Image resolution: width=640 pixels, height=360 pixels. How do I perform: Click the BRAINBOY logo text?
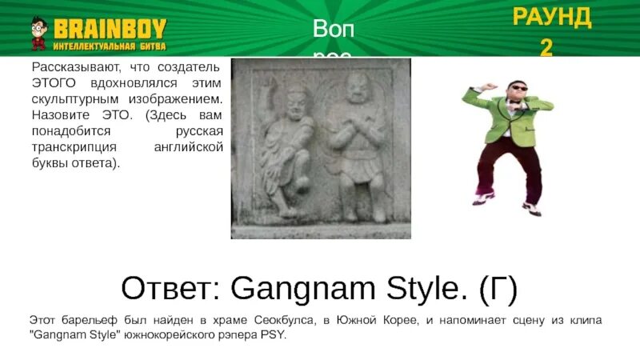(x=110, y=28)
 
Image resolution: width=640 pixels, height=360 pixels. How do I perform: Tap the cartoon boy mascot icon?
(x=38, y=34)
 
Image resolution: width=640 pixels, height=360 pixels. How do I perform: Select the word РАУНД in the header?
(x=551, y=18)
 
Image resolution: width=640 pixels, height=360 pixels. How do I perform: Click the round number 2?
(x=546, y=47)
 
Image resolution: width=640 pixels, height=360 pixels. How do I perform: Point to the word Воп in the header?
(x=331, y=29)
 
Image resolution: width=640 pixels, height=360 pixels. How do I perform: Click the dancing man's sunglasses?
(x=519, y=89)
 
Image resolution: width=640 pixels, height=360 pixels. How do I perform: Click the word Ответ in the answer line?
(x=166, y=286)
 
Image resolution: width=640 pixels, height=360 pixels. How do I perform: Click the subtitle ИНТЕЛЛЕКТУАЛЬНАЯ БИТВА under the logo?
(x=110, y=46)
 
